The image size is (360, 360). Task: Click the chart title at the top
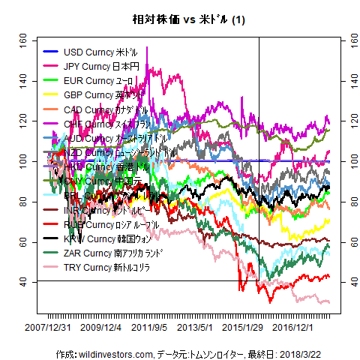[180, 18]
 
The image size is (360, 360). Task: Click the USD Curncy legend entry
[100, 52]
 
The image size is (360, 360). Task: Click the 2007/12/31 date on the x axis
[49, 328]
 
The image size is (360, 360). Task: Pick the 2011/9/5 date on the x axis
[149, 328]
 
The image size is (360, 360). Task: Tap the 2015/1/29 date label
[243, 328]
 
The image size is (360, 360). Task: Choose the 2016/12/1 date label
[293, 328]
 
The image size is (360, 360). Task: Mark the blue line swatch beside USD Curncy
[51, 52]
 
